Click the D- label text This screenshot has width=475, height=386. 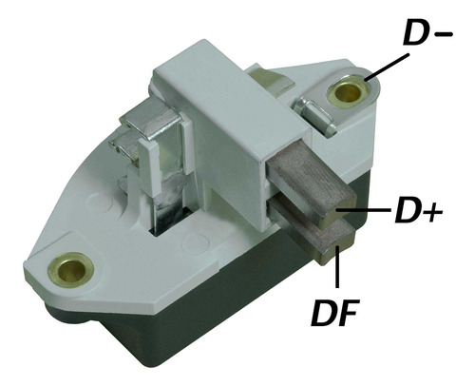427,33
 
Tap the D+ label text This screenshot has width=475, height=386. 418,210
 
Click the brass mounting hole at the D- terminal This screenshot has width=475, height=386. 349,91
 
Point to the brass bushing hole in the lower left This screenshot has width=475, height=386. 71,269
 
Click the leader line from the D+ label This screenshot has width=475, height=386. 363,209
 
